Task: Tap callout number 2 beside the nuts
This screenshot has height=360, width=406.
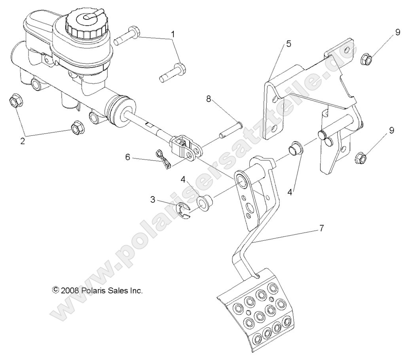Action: point(23,141)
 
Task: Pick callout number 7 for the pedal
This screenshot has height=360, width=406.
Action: point(321,228)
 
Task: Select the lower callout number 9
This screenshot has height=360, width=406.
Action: point(391,131)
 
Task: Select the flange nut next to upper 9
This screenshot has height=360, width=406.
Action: point(366,59)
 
